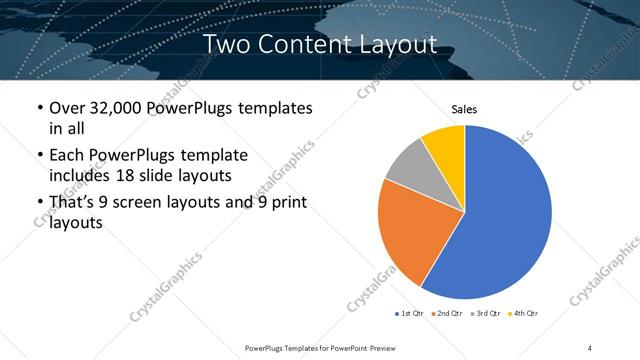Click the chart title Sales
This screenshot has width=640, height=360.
point(464,108)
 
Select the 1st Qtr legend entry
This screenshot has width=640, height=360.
point(411,314)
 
